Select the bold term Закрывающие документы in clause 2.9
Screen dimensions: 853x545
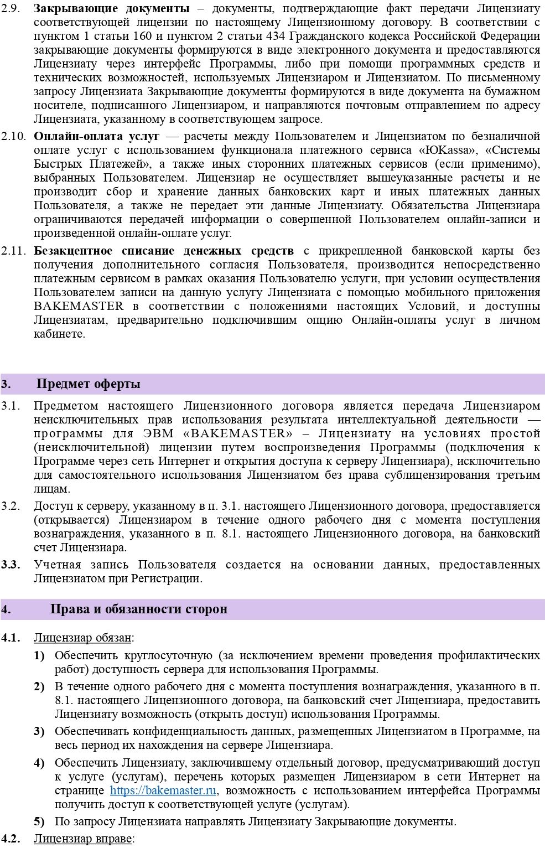(x=111, y=9)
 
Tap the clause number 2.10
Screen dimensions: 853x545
(x=13, y=136)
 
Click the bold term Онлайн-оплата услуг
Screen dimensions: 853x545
(x=96, y=136)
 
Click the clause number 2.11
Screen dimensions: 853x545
(x=13, y=251)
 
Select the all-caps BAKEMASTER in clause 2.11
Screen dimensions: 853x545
(x=79, y=306)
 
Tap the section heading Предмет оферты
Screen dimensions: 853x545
(x=88, y=384)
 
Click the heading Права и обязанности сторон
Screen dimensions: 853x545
(x=138, y=609)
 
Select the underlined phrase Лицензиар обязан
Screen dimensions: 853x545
(x=82, y=638)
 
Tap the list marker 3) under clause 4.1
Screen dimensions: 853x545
(x=39, y=731)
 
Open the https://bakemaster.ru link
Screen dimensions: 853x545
(x=163, y=790)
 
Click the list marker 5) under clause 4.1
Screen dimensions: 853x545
(x=39, y=821)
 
